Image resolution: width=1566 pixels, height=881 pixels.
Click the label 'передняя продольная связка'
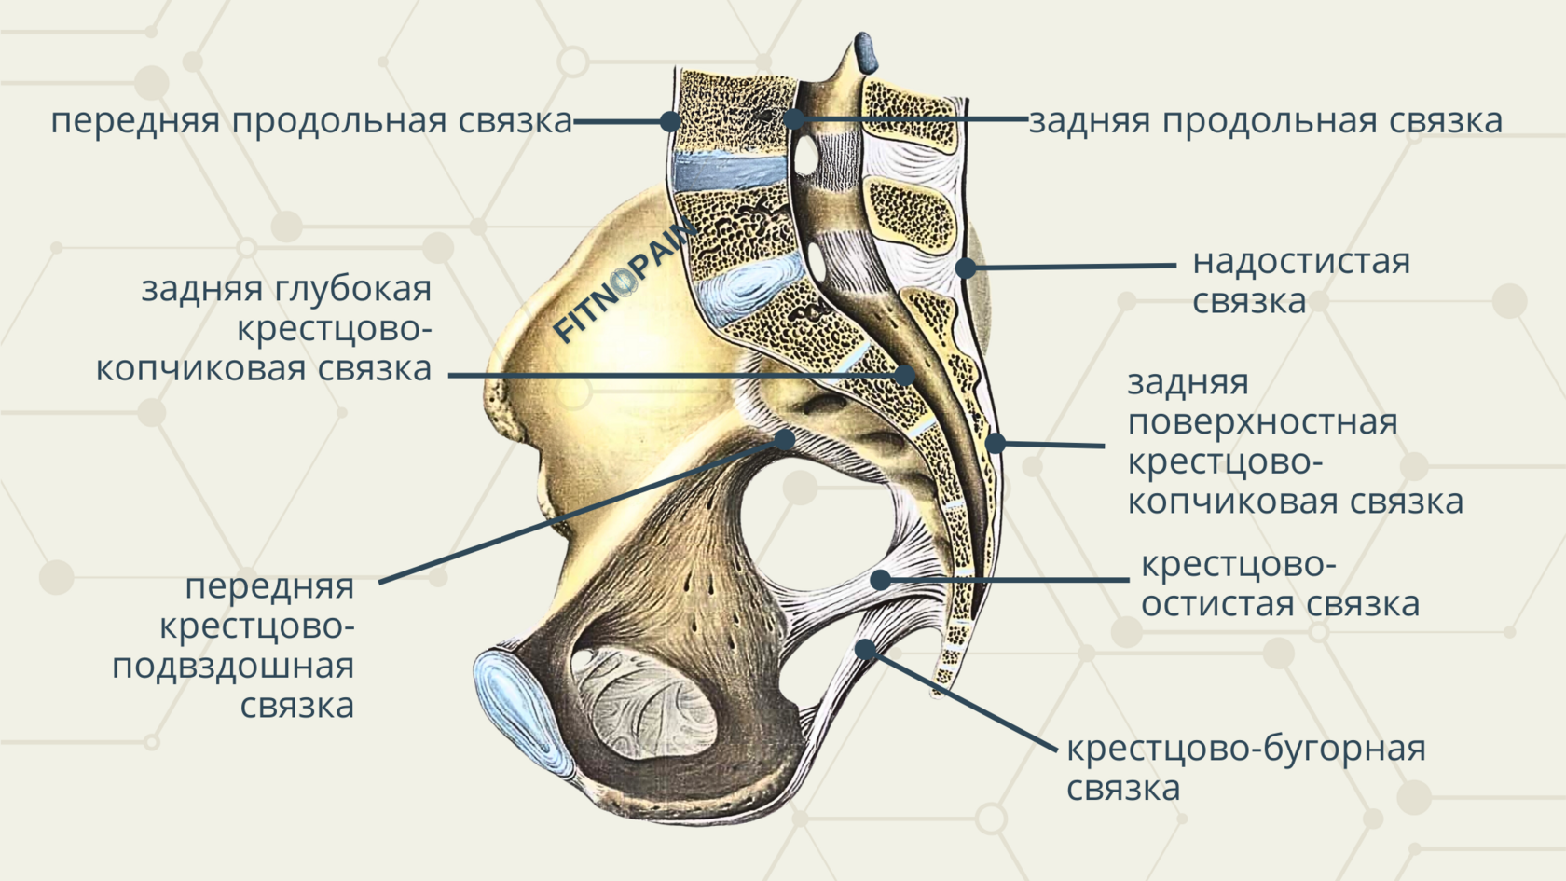pyautogui.click(x=311, y=121)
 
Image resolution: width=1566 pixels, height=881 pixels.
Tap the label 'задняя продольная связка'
pyautogui.click(x=1265, y=121)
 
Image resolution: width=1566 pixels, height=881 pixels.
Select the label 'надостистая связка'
pyautogui.click(x=1300, y=281)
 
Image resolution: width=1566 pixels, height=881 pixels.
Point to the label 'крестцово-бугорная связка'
pyautogui.click(x=1245, y=768)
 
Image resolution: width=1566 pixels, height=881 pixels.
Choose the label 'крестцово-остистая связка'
pyautogui.click(x=1280, y=585)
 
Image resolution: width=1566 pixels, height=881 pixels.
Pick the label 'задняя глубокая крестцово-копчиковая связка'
pyautogui.click(x=264, y=328)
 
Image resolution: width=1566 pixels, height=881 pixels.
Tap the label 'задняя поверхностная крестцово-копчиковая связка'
pyautogui.click(x=1295, y=442)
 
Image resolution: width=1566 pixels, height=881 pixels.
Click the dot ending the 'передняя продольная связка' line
pyautogui.click(x=670, y=121)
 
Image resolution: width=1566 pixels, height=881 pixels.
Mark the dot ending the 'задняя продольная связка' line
pyautogui.click(x=793, y=119)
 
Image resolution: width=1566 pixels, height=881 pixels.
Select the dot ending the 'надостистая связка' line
pyautogui.click(x=967, y=268)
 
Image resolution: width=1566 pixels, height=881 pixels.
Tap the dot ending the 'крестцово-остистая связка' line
pyautogui.click(x=880, y=580)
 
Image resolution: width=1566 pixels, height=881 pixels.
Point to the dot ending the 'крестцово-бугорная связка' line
pyautogui.click(x=866, y=650)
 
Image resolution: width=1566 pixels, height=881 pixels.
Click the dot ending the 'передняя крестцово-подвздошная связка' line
pyautogui.click(x=785, y=440)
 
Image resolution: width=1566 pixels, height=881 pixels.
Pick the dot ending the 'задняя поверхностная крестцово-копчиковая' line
pyautogui.click(x=996, y=443)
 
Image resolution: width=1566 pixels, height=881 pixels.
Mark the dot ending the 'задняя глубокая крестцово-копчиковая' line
pyautogui.click(x=904, y=376)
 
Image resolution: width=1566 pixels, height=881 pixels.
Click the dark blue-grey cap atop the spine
pyautogui.click(x=864, y=54)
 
